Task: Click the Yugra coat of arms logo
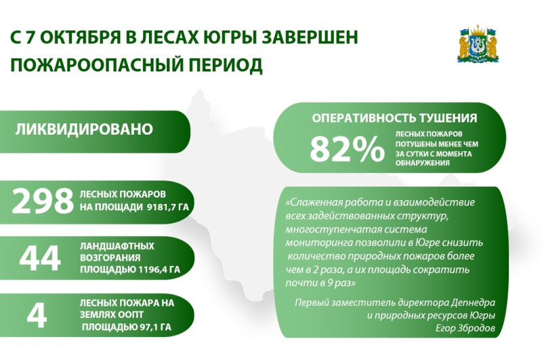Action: point(478,44)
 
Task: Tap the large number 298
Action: point(43,201)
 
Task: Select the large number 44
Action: point(40,258)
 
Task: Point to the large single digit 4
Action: point(37,316)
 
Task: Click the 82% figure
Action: point(347,149)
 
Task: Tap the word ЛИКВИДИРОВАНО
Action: point(84,129)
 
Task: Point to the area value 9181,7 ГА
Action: point(167,207)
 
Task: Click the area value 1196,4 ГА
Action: point(159,269)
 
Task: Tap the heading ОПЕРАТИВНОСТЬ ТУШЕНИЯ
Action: point(394,118)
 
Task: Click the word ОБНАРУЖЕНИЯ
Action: point(422,163)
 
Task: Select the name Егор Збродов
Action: point(465,328)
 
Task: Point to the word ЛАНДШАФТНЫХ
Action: point(117,246)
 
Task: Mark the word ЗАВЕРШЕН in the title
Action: point(310,37)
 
